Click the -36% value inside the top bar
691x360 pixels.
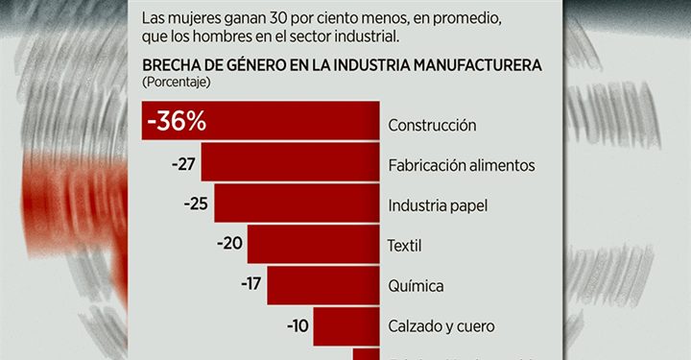pos(178,124)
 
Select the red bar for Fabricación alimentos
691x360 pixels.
pos(288,164)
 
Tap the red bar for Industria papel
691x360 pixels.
pos(295,204)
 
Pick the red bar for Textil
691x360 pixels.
pos(313,244)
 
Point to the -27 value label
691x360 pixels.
pos(183,164)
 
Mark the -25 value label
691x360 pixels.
pos(197,204)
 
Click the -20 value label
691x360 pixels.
pos(230,244)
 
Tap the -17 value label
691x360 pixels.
pos(250,285)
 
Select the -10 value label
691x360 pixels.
pos(298,325)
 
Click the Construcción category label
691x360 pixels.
pos(432,125)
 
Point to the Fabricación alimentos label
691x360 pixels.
pos(461,165)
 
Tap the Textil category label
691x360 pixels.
pos(405,246)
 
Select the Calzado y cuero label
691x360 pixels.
pos(441,326)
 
